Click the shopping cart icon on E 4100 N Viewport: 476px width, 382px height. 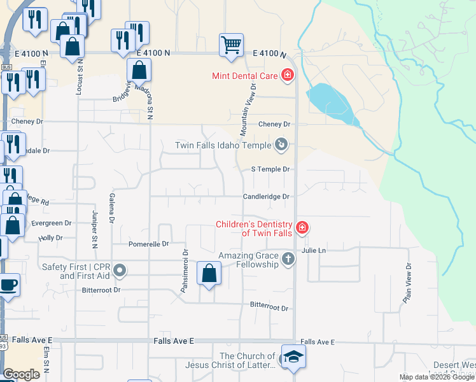[x=231, y=45]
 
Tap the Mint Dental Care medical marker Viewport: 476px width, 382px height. [x=288, y=76]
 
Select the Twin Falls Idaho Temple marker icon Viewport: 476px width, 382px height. [x=281, y=146]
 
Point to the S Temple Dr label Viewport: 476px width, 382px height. [x=270, y=169]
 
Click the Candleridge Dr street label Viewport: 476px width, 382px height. [x=266, y=197]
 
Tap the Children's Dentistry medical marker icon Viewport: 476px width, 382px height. [x=302, y=227]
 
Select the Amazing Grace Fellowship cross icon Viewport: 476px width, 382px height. [x=288, y=258]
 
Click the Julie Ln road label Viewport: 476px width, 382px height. [x=314, y=250]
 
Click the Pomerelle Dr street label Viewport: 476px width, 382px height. [x=148, y=244]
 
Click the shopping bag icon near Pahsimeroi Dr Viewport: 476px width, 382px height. [x=209, y=274]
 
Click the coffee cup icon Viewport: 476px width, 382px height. [x=8, y=285]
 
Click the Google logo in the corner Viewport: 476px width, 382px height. [x=22, y=374]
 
